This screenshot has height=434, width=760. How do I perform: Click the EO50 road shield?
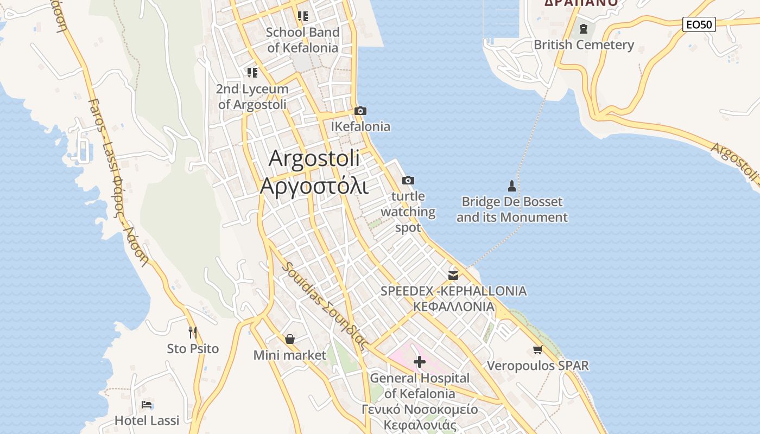tap(699, 24)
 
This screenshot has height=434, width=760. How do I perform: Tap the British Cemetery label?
tap(584, 45)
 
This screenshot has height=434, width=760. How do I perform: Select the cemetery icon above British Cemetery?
tap(584, 29)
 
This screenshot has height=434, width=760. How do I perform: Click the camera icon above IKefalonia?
tap(360, 111)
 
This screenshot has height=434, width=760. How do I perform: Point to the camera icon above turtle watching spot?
tap(408, 181)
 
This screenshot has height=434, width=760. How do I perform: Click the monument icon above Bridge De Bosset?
tap(511, 186)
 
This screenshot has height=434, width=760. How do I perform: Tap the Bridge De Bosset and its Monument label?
tap(512, 210)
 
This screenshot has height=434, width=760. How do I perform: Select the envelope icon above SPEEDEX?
tap(453, 275)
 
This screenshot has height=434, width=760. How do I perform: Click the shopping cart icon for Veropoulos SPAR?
tap(537, 350)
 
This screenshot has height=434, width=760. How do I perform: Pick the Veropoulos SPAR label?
tap(537, 366)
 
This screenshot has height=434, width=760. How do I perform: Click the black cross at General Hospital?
tap(419, 362)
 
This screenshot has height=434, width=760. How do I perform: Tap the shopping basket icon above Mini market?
tap(290, 339)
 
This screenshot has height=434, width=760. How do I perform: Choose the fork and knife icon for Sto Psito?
tap(192, 332)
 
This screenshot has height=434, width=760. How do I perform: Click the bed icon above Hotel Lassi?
tap(147, 405)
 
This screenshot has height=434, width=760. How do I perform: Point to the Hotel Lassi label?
tap(147, 420)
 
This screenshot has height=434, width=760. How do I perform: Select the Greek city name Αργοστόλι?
tap(314, 186)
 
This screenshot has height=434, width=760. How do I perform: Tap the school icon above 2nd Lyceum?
tap(252, 72)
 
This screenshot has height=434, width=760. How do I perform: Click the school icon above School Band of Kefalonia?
tap(302, 16)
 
